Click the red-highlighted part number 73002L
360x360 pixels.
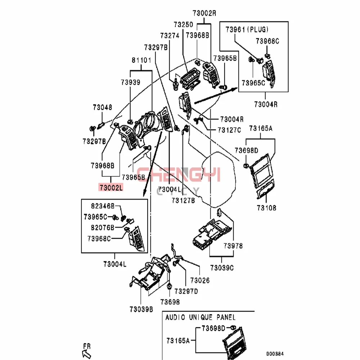[x=111, y=187]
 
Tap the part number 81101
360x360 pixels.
[x=141, y=60]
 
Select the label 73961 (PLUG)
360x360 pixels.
[x=247, y=29]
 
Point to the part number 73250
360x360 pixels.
[x=183, y=25]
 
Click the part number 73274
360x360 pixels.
[x=170, y=36]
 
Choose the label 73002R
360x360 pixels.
[x=204, y=13]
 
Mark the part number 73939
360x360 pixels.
[x=130, y=82]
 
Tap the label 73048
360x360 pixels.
[x=102, y=107]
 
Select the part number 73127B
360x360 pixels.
[x=183, y=201]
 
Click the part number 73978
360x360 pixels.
[x=233, y=246]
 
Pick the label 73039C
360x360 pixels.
[x=222, y=267]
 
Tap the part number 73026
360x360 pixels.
[x=200, y=280]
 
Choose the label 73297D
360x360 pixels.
[x=186, y=291]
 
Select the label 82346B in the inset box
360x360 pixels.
[x=102, y=206]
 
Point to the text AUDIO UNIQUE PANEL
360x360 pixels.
[x=200, y=318]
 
